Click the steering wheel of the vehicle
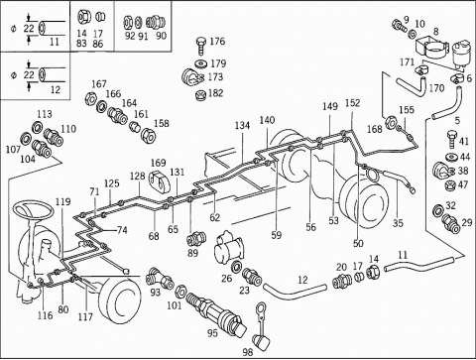coord(33,210)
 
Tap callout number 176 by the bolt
coord(217,42)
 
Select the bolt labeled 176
coord(200,46)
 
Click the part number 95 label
coord(212,332)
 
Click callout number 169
coord(158,163)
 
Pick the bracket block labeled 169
coord(160,180)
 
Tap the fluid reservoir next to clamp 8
coord(458,56)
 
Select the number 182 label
coord(215,93)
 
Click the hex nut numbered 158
coord(147,135)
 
